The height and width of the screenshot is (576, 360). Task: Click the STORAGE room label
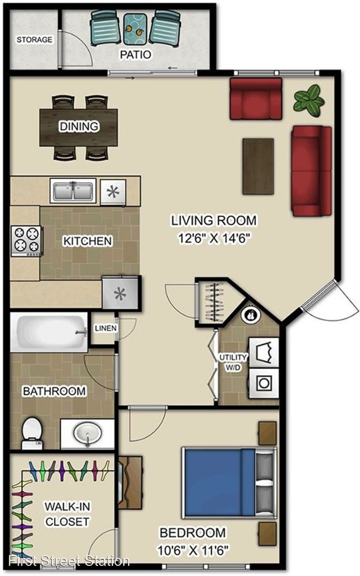click(x=35, y=39)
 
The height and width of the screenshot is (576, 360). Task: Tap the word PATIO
click(x=135, y=55)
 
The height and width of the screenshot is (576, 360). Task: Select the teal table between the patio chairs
click(x=134, y=29)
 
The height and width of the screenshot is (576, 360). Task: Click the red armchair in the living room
click(x=256, y=99)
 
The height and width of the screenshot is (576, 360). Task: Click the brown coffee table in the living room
click(x=258, y=166)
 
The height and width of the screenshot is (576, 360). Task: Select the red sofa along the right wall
click(x=311, y=171)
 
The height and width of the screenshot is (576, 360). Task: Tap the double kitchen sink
click(x=73, y=190)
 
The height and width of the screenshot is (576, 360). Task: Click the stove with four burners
click(x=27, y=241)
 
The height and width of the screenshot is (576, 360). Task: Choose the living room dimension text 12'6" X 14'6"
click(x=214, y=238)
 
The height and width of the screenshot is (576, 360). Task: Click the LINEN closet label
click(x=106, y=329)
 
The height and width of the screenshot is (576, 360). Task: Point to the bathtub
click(x=49, y=332)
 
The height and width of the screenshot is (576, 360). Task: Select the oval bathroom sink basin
click(x=88, y=433)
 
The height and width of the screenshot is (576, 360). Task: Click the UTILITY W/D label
click(x=233, y=362)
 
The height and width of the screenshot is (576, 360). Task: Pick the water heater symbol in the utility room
click(x=251, y=315)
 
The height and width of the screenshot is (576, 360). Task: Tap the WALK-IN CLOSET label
click(x=67, y=514)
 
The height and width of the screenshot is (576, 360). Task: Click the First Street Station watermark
click(x=69, y=561)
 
